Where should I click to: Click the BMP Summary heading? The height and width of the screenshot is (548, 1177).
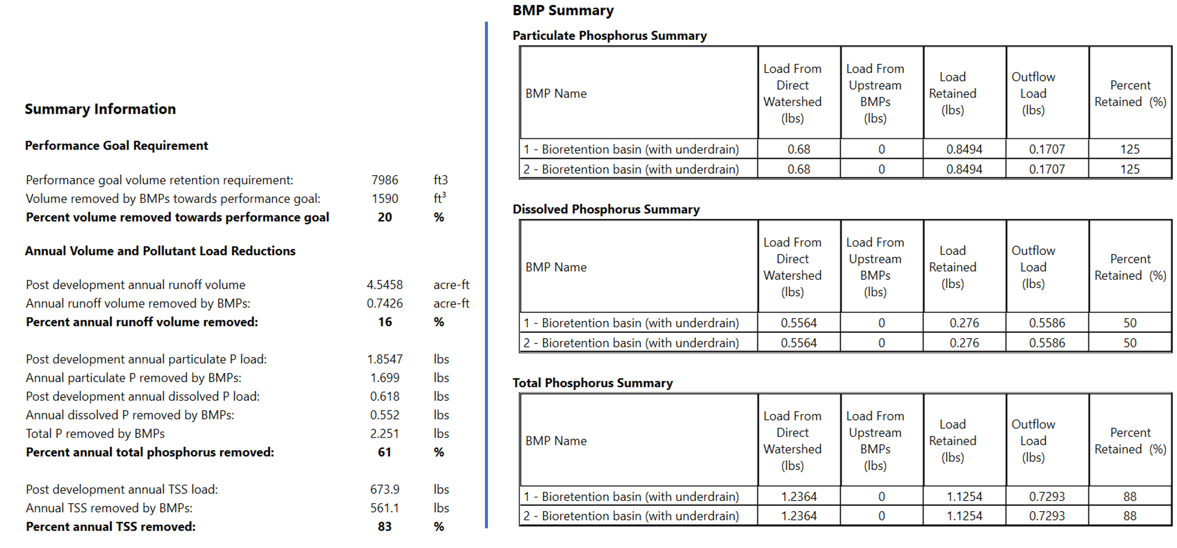[563, 11]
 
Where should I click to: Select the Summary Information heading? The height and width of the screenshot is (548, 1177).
[100, 109]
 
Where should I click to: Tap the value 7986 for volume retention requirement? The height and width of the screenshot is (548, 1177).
[385, 180]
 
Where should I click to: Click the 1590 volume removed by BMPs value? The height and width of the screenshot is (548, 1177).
[385, 199]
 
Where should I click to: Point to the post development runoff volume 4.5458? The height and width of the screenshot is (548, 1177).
[385, 285]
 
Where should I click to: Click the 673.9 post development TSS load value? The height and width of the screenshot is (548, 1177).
[385, 490]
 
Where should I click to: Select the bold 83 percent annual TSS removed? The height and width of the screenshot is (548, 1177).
[385, 527]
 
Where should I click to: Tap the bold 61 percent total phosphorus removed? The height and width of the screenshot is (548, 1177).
[385, 452]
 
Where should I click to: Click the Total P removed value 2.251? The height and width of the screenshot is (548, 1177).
[385, 433]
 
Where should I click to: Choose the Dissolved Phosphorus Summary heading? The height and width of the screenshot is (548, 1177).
[606, 209]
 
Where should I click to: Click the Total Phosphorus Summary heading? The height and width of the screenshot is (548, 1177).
[593, 383]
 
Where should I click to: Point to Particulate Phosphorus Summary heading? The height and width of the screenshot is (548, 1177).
[610, 35]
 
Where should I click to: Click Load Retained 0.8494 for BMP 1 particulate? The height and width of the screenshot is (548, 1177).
[964, 149]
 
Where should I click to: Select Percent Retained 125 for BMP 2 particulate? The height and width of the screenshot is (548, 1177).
[1130, 169]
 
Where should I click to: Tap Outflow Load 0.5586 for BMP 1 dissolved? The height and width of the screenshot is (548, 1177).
[1047, 323]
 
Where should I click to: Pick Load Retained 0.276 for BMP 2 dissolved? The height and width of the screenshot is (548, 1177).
[964, 343]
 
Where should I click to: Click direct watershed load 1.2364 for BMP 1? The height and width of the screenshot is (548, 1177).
[799, 496]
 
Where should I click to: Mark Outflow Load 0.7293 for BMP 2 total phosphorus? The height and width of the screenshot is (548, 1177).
[1047, 516]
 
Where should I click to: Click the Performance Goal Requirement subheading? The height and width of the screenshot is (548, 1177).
[116, 146]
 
